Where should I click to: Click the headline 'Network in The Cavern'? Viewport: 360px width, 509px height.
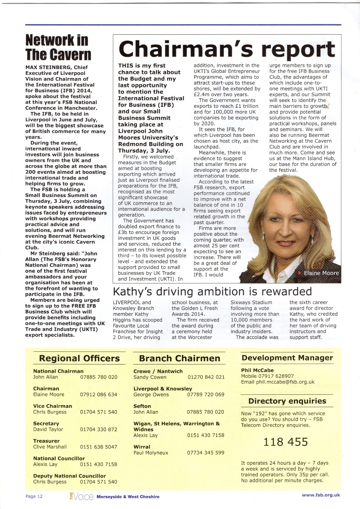58,47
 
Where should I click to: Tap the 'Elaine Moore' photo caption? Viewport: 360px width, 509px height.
321,273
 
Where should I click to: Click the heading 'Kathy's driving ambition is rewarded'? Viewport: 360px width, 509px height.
212,291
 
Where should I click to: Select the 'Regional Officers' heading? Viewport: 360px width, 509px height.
79,358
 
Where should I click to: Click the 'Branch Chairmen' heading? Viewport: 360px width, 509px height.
180,358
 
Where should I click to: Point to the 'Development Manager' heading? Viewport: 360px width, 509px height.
287,358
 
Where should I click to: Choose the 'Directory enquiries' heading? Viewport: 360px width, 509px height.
287,401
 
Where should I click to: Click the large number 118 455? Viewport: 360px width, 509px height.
286,442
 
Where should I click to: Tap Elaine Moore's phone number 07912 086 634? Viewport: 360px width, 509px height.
98,394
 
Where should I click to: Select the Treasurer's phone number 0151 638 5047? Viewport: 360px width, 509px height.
98,447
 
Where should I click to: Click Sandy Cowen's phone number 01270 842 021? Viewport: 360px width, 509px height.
206,377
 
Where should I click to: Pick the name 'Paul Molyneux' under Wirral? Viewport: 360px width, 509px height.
151,453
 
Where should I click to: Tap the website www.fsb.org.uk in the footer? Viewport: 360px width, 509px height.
321,495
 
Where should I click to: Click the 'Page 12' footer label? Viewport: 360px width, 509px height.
34,496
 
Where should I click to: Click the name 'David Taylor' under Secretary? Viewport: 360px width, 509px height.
48,429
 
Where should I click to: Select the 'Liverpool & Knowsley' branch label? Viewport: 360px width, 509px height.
163,389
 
